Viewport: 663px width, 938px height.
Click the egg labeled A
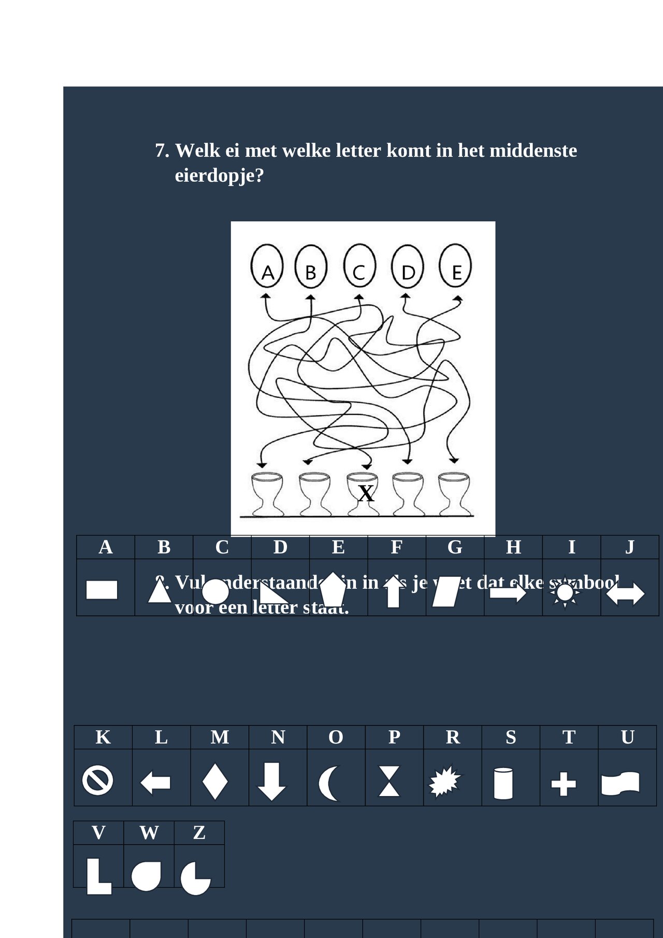(x=267, y=267)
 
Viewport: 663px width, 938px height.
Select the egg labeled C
(x=359, y=267)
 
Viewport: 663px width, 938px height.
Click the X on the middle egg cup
(x=366, y=493)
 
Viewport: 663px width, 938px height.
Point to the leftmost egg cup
(x=267, y=494)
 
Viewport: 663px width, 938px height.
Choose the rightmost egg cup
(x=454, y=494)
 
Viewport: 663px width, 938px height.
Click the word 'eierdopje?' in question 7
(x=219, y=176)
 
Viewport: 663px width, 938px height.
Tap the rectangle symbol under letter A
(x=102, y=590)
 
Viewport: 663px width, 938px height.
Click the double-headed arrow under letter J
(x=625, y=594)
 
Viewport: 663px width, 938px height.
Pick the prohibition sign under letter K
(x=97, y=780)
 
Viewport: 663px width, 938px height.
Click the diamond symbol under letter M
(x=215, y=781)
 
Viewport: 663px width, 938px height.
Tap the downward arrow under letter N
(x=271, y=781)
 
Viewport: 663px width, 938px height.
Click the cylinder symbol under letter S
(x=503, y=784)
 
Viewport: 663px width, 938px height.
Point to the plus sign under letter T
(x=564, y=784)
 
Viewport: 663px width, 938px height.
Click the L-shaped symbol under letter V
(x=98, y=876)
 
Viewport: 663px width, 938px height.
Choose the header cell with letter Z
(x=199, y=833)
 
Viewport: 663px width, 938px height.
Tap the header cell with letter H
(x=513, y=547)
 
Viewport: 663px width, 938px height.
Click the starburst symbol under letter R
(x=444, y=782)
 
